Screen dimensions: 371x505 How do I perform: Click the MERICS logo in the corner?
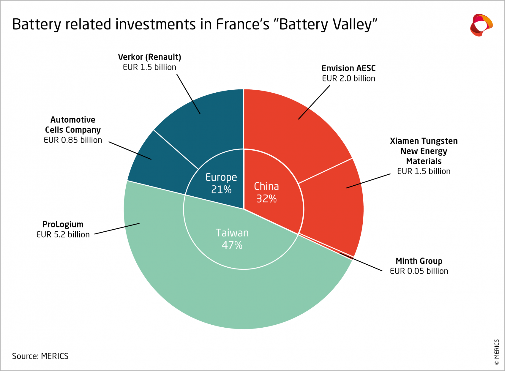click(x=481, y=25)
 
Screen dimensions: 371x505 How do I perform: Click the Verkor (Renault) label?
click(x=149, y=57)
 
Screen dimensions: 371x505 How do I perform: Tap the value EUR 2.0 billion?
click(x=348, y=78)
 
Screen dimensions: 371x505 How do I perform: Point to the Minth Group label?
click(x=419, y=261)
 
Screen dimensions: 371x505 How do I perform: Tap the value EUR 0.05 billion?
click(x=419, y=271)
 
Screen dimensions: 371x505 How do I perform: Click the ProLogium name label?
click(x=63, y=224)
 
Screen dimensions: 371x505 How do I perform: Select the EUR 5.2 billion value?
click(x=63, y=234)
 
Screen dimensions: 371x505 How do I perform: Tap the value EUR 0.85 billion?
click(x=73, y=140)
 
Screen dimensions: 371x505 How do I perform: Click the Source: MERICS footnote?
click(x=40, y=356)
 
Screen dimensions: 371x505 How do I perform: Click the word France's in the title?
click(x=242, y=24)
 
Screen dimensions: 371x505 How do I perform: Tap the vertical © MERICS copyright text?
click(x=497, y=352)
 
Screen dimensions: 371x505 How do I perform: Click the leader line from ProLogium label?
click(x=117, y=229)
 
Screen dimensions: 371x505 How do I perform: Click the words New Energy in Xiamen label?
click(x=424, y=151)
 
